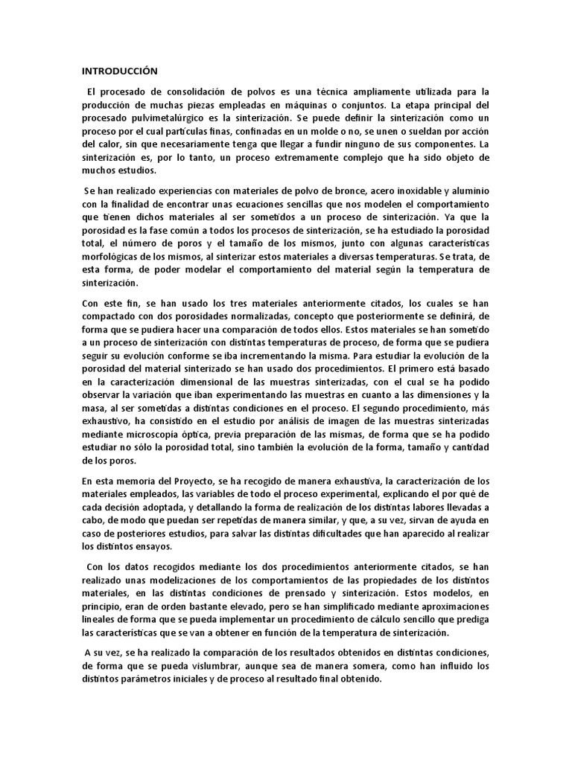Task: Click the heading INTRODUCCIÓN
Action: pyautogui.click(x=120, y=71)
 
